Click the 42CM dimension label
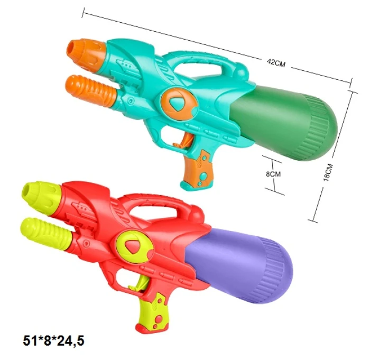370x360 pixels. pyautogui.click(x=276, y=62)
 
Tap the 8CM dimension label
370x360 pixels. pyautogui.click(x=273, y=174)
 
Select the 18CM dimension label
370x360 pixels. pyautogui.click(x=328, y=172)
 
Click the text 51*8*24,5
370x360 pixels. pyautogui.click(x=53, y=341)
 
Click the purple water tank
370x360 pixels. pyautogui.click(x=238, y=265)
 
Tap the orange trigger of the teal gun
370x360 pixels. pyautogui.click(x=183, y=141)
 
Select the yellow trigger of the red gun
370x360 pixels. pyautogui.click(x=140, y=284)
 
